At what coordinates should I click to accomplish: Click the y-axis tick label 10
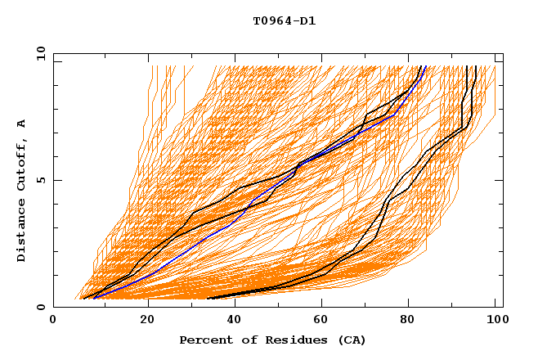point(39,53)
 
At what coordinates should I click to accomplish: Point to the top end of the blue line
point(426,66)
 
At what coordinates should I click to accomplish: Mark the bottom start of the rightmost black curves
point(208,298)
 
